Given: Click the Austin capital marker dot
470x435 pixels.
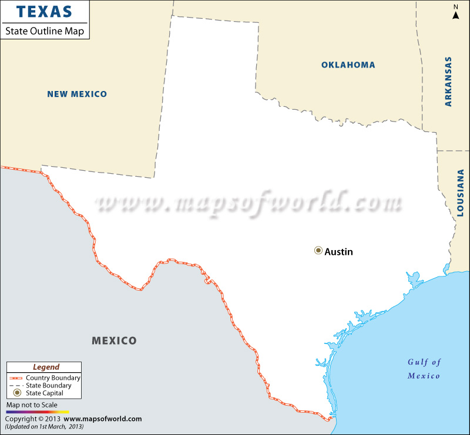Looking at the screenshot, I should click(318, 251).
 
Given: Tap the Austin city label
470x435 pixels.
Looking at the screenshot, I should click(339, 251).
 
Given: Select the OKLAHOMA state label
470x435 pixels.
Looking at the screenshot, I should click(348, 65).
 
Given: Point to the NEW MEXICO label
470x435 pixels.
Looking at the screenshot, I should click(77, 94).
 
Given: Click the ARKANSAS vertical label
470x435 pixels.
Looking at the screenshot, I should click(448, 82).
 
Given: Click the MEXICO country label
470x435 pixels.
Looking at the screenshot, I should click(114, 340).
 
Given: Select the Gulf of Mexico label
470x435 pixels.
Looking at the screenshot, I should click(424, 369).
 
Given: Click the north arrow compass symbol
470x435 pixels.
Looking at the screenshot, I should click(455, 14).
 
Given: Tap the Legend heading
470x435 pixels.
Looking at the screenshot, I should click(46, 367).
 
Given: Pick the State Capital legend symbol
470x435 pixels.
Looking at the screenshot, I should click(17, 393).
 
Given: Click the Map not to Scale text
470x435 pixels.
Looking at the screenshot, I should click(32, 405).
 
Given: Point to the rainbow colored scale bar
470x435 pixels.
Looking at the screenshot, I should click(38, 412).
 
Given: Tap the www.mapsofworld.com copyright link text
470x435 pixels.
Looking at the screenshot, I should click(102, 419).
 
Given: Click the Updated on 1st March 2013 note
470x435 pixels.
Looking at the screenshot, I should click(44, 426).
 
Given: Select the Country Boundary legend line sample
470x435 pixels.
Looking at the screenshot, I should click(17, 378).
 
